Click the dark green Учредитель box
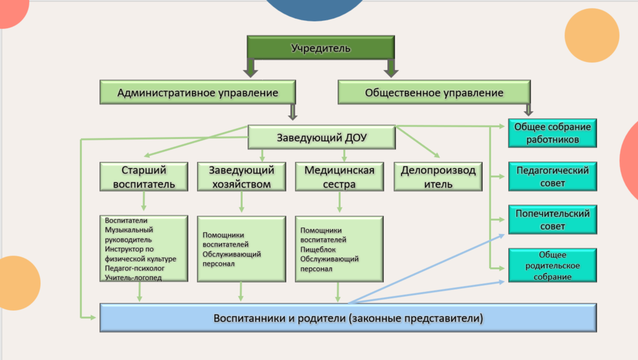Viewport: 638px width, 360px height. (x=321, y=48)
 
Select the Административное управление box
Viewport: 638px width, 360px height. (x=197, y=92)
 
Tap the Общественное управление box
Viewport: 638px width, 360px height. (x=434, y=92)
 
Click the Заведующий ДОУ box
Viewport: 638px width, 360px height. (x=322, y=138)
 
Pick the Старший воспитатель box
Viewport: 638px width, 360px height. (x=144, y=177)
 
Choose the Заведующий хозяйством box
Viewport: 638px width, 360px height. (x=241, y=177)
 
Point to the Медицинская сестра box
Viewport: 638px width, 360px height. (x=339, y=177)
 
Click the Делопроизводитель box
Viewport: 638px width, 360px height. (x=438, y=177)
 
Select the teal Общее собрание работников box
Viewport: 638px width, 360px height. (x=552, y=133)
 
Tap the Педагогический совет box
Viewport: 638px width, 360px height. (x=552, y=177)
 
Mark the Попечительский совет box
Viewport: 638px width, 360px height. (x=552, y=219)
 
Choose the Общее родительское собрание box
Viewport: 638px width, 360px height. (x=552, y=265)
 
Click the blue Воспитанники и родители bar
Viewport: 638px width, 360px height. (x=348, y=318)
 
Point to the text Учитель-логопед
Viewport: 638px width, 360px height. (x=133, y=277)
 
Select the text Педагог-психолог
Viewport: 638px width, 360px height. (x=135, y=268)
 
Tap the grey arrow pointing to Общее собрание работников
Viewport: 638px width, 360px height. (x=528, y=110)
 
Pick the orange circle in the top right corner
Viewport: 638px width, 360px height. (x=592, y=35)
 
